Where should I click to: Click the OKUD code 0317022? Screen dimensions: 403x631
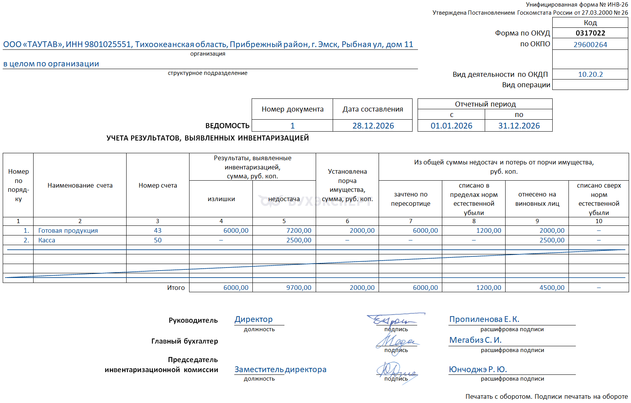pos(590,33)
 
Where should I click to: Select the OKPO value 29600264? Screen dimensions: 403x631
pos(590,44)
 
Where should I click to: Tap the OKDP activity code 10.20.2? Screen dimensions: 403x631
pos(590,75)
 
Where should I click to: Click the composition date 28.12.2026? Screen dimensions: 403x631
pos(373,126)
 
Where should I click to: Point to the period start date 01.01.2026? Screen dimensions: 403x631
pos(451,126)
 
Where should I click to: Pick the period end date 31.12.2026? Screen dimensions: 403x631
pos(519,126)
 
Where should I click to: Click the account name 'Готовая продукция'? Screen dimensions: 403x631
pos(68,230)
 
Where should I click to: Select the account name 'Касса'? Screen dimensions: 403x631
pos(47,240)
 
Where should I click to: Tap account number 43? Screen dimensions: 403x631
pos(157,230)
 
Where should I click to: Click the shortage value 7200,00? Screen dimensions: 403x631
pos(299,230)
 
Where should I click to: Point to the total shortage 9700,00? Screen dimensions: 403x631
pos(299,288)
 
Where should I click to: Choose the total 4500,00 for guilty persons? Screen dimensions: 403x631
pos(552,288)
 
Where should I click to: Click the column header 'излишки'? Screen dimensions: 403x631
pos(221,199)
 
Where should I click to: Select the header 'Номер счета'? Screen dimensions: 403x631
pos(157,185)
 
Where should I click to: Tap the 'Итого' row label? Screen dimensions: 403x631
pos(176,288)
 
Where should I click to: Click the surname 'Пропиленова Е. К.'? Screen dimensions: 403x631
pos(484,319)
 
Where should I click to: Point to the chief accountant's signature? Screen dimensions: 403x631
pos(396,341)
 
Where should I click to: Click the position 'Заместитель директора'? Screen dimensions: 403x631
pos(280,369)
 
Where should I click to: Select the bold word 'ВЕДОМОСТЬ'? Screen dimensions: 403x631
pos(227,126)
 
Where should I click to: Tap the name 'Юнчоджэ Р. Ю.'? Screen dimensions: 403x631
pos(477,369)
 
